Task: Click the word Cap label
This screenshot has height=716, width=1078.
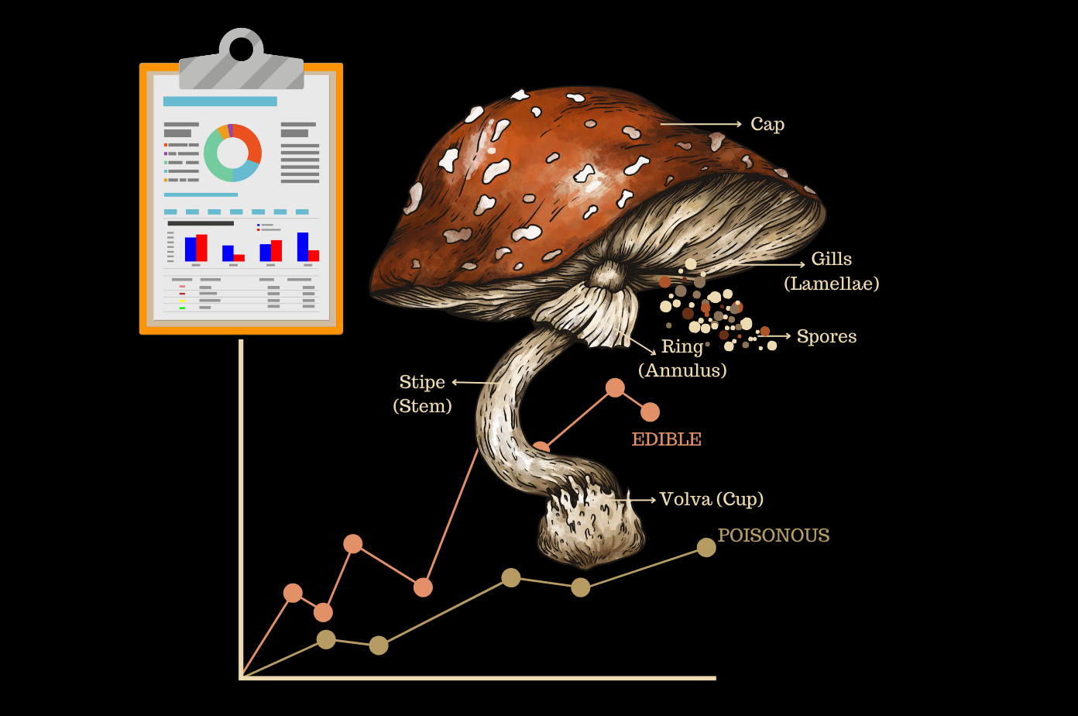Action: click(767, 124)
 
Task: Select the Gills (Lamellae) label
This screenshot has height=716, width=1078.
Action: click(831, 271)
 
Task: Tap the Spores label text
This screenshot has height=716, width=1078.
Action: click(826, 336)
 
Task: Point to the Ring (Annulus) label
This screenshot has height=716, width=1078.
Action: click(682, 358)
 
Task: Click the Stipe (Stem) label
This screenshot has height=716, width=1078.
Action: click(422, 394)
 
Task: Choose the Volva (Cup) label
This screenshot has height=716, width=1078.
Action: click(711, 499)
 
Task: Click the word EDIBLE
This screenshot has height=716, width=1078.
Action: click(666, 439)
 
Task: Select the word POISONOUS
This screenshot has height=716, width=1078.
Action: click(773, 535)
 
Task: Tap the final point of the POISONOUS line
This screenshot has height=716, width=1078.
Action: click(706, 547)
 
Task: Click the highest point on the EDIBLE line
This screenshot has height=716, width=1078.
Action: click(615, 387)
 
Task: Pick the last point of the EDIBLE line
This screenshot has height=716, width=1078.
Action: click(650, 412)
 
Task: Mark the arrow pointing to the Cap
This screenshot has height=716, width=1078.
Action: click(700, 124)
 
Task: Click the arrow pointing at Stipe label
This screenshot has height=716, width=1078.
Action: click(474, 382)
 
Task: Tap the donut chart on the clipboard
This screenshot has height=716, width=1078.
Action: click(232, 153)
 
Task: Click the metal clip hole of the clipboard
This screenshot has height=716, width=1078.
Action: click(241, 50)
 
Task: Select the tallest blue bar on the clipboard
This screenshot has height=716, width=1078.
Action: click(303, 246)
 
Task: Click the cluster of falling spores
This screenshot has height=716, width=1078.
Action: click(712, 310)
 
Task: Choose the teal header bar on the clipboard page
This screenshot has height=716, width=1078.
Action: click(220, 102)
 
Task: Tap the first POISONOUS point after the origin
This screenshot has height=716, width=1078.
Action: click(326, 639)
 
